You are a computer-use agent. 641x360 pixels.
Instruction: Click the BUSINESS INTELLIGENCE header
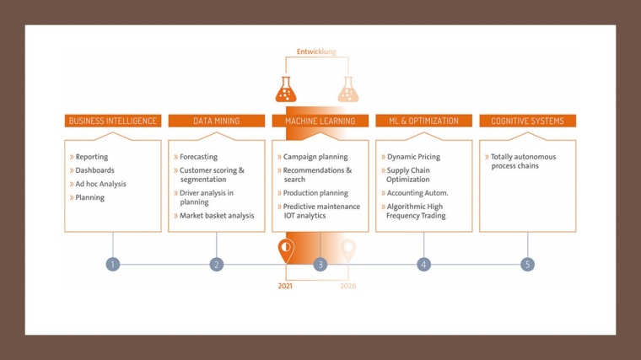pos(113,121)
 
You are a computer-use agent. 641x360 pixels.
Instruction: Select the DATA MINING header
pos(217,121)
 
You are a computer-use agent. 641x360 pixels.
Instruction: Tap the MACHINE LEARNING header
pos(320,121)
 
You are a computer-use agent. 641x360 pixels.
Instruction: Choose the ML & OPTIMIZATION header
pos(423,121)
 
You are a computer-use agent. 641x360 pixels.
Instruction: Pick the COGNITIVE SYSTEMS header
pos(528,121)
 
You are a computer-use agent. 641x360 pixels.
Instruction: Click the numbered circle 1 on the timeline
pos(113,264)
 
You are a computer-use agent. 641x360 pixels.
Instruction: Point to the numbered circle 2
pos(217,264)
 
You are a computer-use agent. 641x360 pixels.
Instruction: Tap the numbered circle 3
pos(320,264)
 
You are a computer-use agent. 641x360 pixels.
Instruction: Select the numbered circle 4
pos(423,264)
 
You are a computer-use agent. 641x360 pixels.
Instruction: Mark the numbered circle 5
pos(528,264)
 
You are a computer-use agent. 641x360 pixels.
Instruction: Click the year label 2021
pos(287,286)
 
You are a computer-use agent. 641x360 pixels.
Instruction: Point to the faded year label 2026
pos(348,286)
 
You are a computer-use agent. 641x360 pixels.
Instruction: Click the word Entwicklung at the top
pos(316,51)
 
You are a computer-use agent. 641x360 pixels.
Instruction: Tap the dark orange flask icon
pos(287,89)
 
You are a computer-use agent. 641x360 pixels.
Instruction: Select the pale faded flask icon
pos(347,89)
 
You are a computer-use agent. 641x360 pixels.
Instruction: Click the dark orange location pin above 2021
pos(287,250)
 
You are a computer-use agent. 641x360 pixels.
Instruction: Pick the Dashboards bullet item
pos(94,170)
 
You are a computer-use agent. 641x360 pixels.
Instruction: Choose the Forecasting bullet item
pos(198,157)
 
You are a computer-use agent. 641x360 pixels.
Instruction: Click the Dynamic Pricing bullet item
pos(413,157)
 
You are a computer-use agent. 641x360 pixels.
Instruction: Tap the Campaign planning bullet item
pos(315,157)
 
